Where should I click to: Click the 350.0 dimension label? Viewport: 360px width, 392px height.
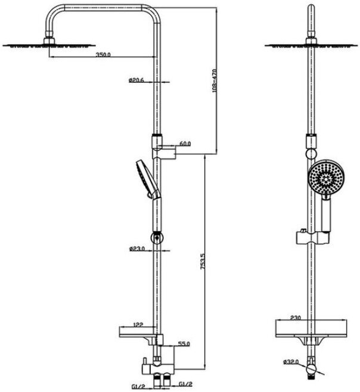103,54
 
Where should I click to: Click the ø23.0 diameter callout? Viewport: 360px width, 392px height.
136,248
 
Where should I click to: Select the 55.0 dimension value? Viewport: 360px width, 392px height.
184,344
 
